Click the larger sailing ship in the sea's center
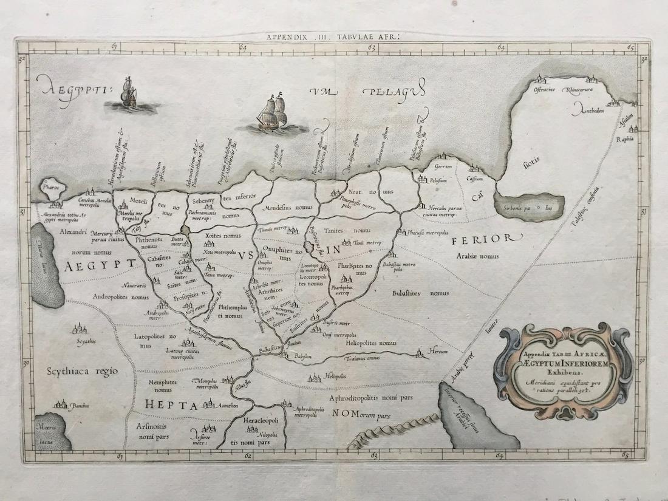tap(273, 114)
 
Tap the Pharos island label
tap(51, 188)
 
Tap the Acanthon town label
tap(223, 405)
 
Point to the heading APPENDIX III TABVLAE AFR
tap(333, 37)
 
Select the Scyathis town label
tap(86, 341)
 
